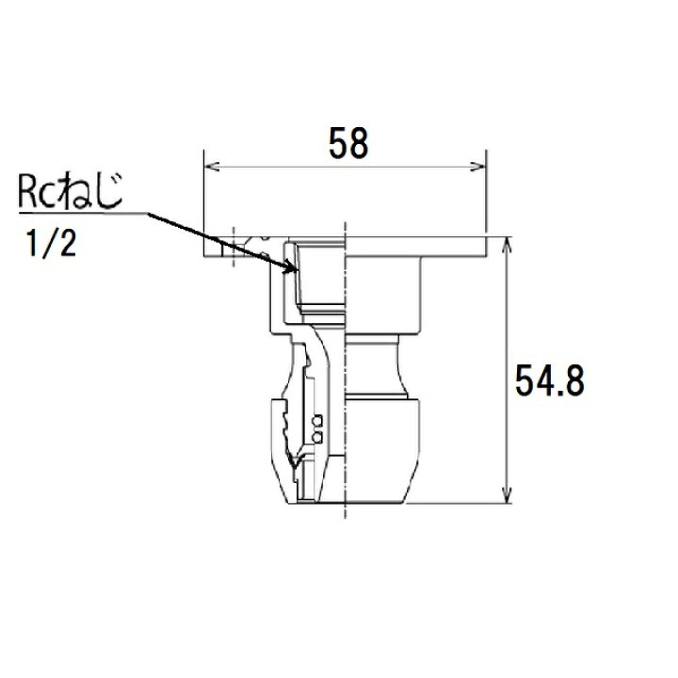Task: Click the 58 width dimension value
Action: [x=348, y=143]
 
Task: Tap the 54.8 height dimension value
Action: [x=550, y=381]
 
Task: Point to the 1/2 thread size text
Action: [x=52, y=244]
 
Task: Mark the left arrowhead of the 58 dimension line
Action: [x=212, y=167]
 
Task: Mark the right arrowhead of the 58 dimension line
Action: [x=478, y=167]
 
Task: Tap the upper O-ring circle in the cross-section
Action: [x=317, y=421]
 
